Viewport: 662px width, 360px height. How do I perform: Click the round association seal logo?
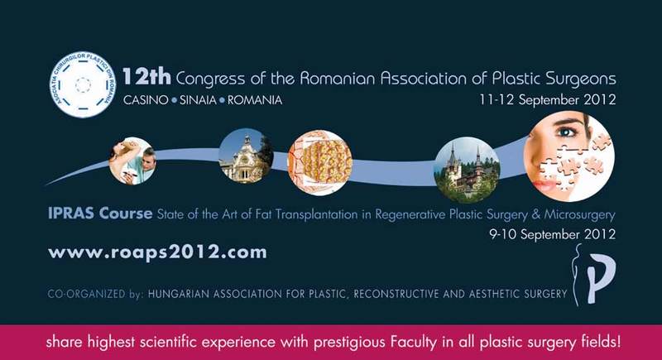coord(83,85)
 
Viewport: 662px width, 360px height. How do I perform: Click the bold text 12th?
coord(146,77)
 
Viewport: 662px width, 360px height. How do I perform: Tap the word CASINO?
coord(146,100)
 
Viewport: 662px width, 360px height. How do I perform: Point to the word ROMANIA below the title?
coord(255,100)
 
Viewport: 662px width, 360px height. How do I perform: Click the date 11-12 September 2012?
coord(548,100)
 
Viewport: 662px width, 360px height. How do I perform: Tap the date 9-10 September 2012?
coord(552,234)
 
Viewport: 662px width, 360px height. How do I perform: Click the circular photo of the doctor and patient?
coord(132,161)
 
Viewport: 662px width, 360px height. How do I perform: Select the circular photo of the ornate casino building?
coord(246,156)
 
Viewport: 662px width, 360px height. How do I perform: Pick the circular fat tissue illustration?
coord(319,162)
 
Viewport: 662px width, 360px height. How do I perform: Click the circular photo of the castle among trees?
coord(467,170)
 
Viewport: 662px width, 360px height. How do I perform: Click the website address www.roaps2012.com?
coord(157,252)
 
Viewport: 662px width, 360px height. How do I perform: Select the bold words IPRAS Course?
coord(100,214)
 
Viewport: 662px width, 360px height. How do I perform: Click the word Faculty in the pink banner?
coord(415,342)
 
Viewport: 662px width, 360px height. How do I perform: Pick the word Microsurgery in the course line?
coord(579,215)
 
